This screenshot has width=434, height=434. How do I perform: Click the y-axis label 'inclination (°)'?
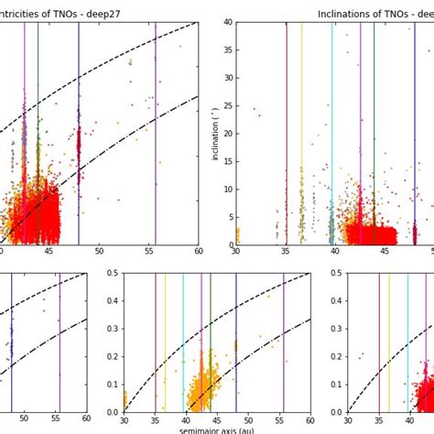tap(216, 134)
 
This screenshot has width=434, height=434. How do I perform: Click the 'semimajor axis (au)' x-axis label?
tap(217, 429)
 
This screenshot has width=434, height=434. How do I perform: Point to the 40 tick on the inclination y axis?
tap(226, 23)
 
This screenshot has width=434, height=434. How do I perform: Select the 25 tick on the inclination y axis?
tap(226, 106)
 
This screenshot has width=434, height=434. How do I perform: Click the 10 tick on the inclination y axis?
tap(226, 190)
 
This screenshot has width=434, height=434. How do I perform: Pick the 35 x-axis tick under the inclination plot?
tap(286, 252)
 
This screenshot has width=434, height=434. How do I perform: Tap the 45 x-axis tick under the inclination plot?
tap(385, 252)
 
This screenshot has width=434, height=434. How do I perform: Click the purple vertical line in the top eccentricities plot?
tap(155, 137)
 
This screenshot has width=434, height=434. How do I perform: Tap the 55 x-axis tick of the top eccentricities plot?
tap(149, 252)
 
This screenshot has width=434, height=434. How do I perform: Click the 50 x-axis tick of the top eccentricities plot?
tap(100, 252)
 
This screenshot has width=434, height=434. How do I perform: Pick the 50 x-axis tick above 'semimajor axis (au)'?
tap(248, 419)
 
